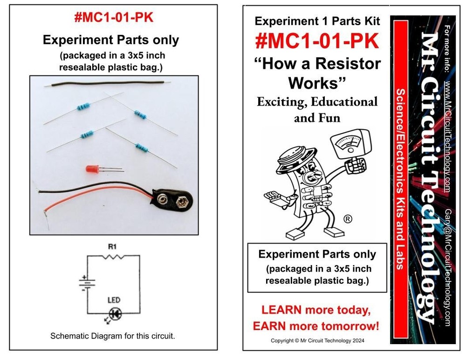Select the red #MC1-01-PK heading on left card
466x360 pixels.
pos(113,18)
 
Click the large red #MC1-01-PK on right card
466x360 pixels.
pos(317,41)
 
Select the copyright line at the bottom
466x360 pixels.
pos(317,340)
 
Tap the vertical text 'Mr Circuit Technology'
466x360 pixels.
pos(427,177)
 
